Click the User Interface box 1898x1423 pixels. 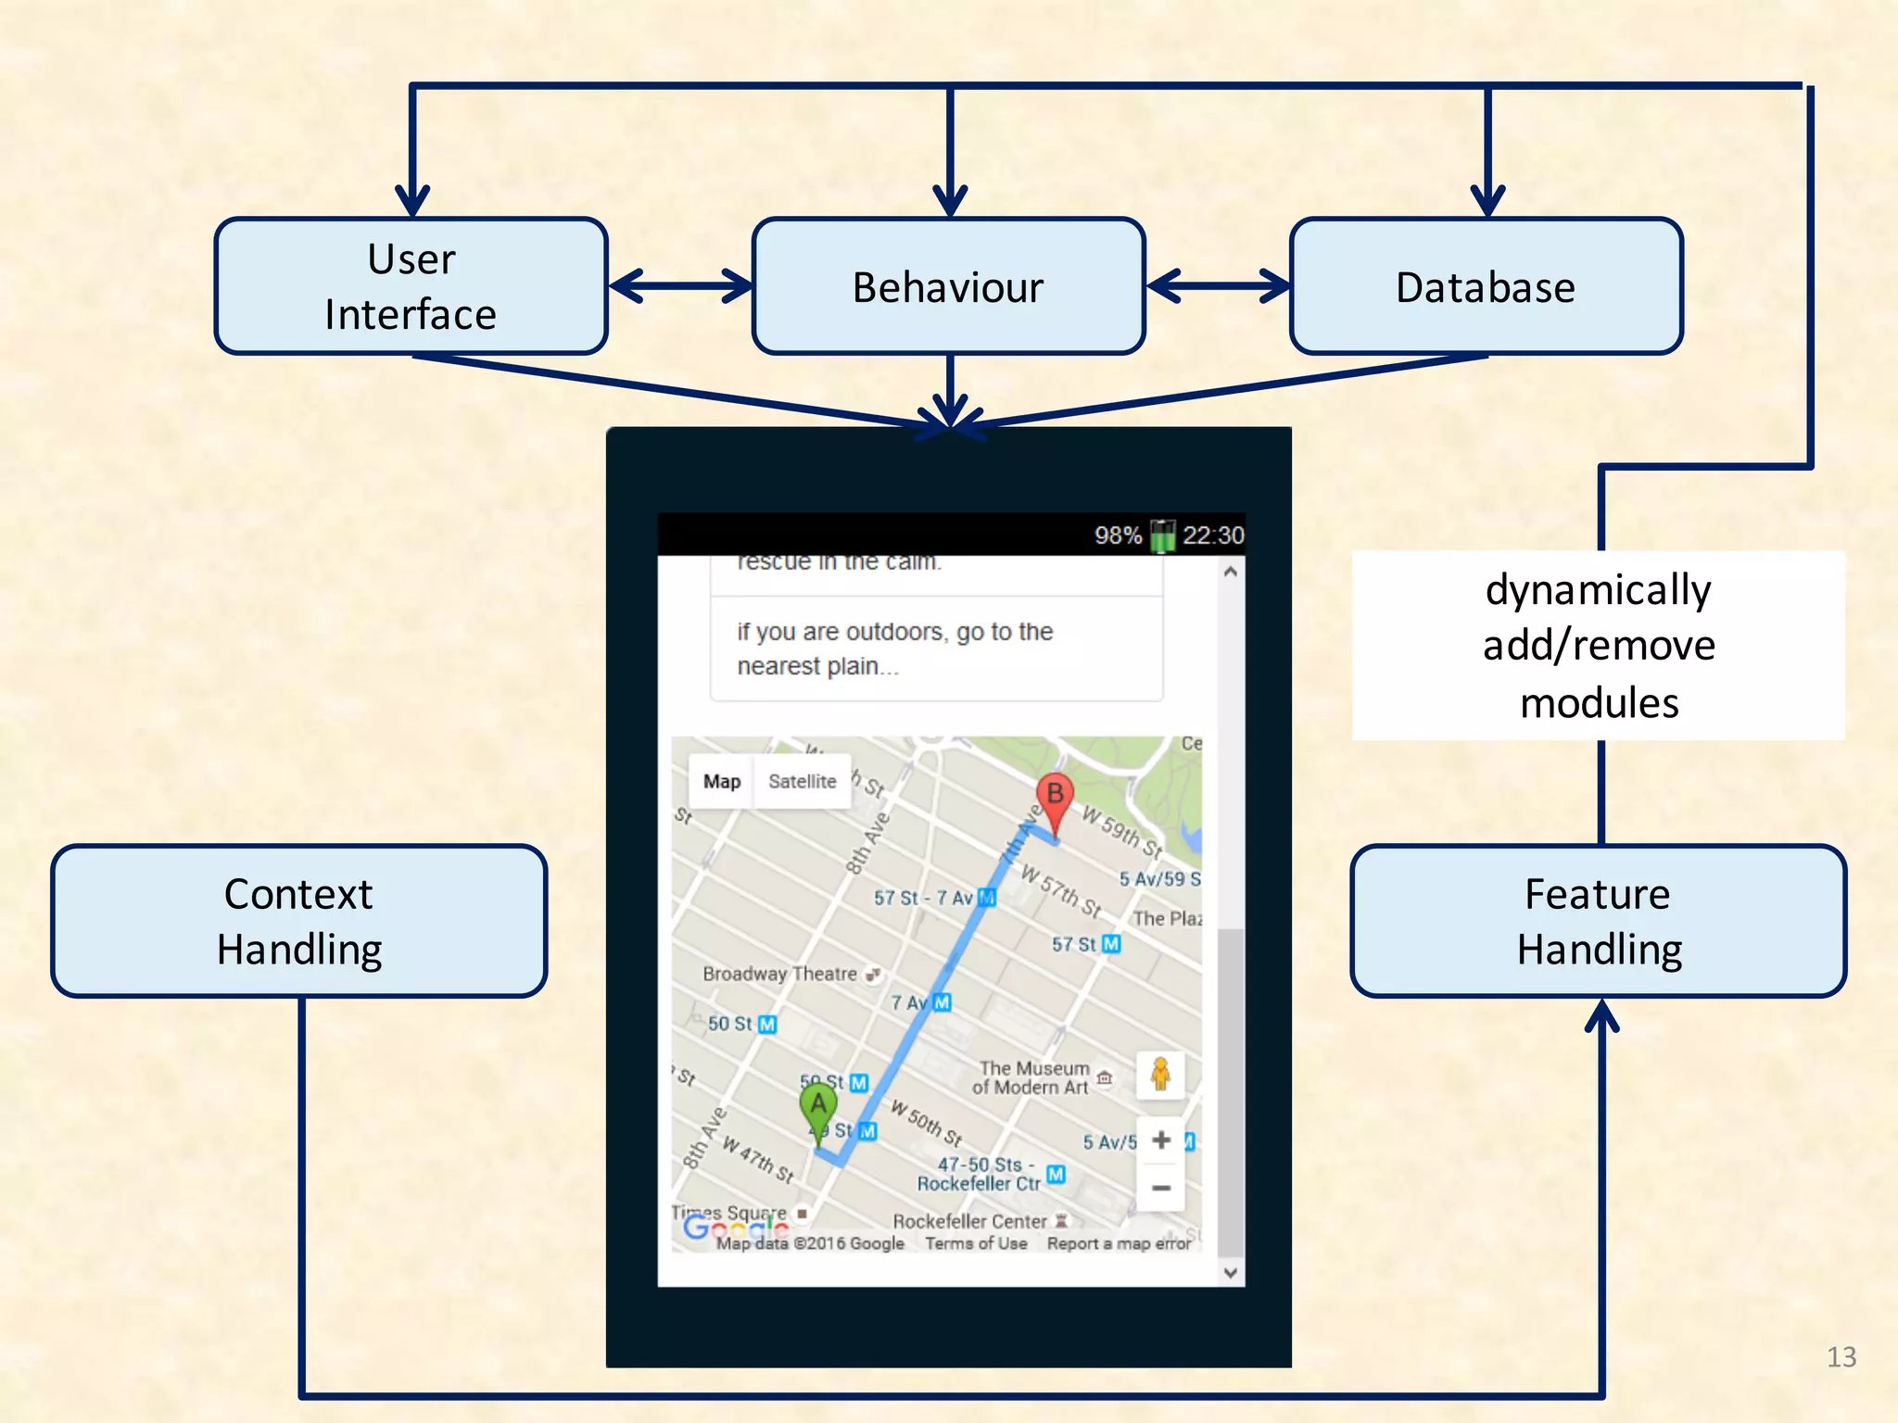click(x=411, y=286)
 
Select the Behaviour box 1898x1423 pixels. click(x=948, y=286)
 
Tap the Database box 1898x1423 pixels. click(x=1486, y=286)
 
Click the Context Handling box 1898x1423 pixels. click(x=298, y=921)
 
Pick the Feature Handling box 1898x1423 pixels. click(x=1599, y=921)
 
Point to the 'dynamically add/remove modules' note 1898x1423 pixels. click(x=1599, y=646)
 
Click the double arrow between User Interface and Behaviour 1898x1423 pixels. click(x=680, y=285)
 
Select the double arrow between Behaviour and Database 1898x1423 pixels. click(x=1218, y=285)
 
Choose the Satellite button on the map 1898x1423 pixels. click(x=803, y=781)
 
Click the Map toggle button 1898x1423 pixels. click(x=722, y=781)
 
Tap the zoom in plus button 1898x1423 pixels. click(x=1161, y=1140)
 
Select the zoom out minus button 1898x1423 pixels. click(x=1161, y=1188)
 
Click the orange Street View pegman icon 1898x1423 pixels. click(x=1160, y=1075)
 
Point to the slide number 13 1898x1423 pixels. click(x=1841, y=1357)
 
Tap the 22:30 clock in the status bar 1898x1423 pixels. click(x=1213, y=535)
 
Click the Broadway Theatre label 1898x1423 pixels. click(x=780, y=974)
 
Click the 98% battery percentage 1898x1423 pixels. click(x=1118, y=535)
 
